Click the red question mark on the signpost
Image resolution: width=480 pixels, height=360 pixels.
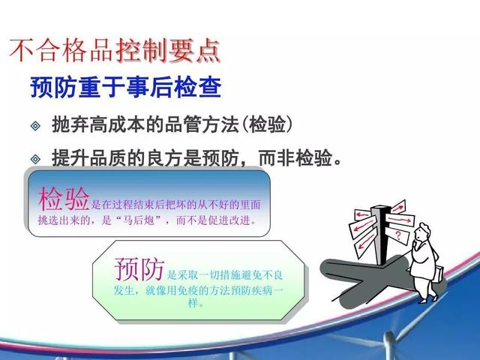[x=398, y=235]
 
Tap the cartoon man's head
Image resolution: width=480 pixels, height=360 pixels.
[x=421, y=232]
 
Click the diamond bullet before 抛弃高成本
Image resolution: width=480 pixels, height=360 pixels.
[x=35, y=125]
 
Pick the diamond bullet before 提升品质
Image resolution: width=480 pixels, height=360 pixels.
[x=35, y=159]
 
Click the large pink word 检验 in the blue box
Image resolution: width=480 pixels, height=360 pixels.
[x=64, y=199]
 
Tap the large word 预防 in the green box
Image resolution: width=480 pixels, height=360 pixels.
[x=139, y=269]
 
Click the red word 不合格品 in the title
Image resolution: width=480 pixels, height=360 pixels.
[x=61, y=50]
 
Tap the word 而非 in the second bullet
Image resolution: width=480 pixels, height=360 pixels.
[x=277, y=158]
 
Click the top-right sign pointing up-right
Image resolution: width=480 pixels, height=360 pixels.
[x=398, y=208]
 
